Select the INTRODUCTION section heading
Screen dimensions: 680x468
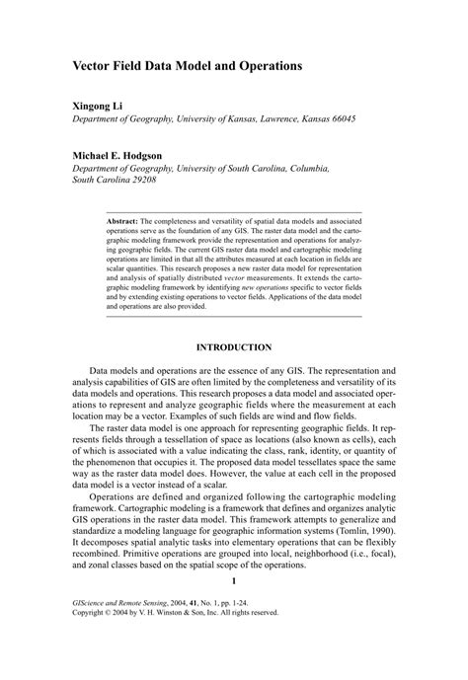pyautogui.click(x=233, y=347)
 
